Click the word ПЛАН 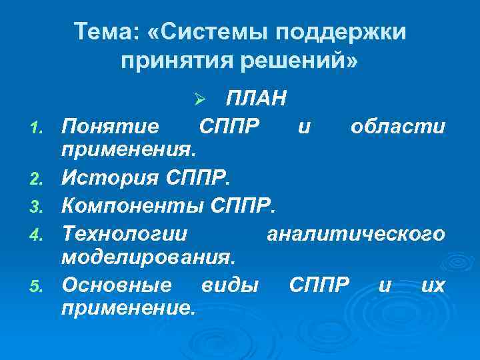(257, 99)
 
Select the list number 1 (39, 127)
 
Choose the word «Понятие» (110, 125)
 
